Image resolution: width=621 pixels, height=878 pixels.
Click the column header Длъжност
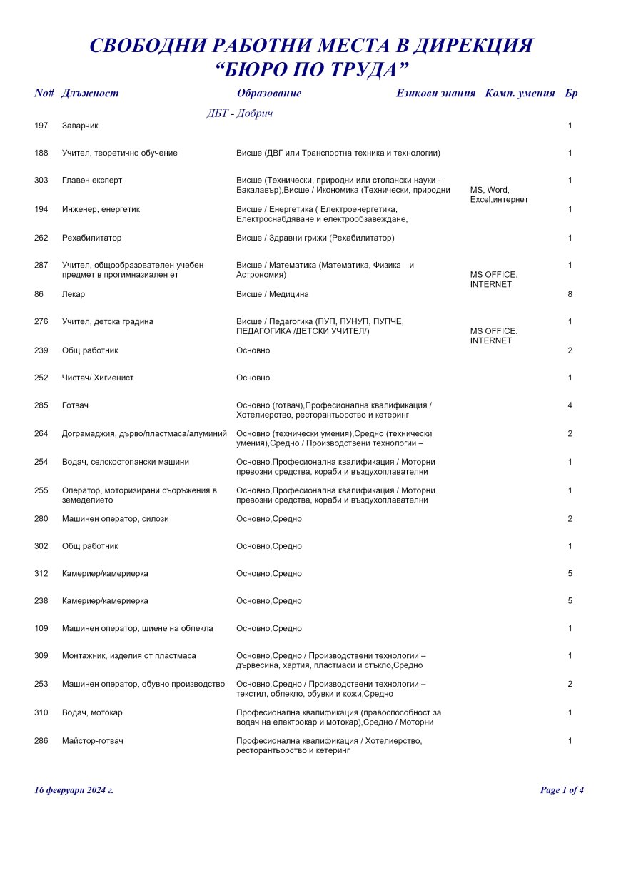point(90,94)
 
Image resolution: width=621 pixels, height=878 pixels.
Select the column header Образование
point(268,94)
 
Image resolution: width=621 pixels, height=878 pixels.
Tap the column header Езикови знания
point(435,94)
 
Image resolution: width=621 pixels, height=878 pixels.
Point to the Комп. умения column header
point(520,94)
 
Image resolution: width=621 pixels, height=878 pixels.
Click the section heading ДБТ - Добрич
point(240,113)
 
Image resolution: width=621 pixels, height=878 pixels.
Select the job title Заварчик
point(80,126)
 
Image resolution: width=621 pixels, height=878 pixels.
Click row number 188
point(41,153)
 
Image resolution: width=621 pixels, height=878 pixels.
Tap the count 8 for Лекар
point(570,294)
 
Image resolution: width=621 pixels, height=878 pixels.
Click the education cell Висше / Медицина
point(272,294)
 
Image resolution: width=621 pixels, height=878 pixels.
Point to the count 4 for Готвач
point(570,405)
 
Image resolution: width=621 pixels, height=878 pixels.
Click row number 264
point(41,433)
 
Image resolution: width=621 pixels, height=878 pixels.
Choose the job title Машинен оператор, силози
point(115,519)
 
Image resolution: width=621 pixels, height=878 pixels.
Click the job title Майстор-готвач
point(93,742)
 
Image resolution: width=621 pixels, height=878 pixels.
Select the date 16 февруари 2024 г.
point(74,790)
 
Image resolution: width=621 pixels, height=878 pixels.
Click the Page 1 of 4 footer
point(562,790)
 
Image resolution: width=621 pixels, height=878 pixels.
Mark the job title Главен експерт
point(92,181)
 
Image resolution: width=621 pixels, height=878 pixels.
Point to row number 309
point(41,656)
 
